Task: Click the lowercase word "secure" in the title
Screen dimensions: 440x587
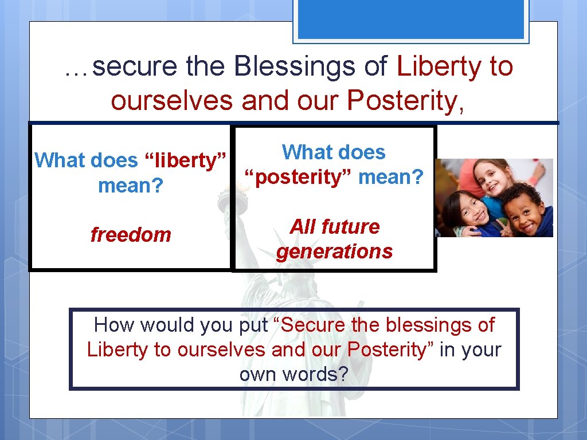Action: [x=135, y=67]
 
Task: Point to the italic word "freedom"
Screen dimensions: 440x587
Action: [x=131, y=235]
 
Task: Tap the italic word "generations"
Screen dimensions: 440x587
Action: [x=334, y=252]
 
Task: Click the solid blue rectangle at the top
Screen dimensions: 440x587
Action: [x=411, y=19]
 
